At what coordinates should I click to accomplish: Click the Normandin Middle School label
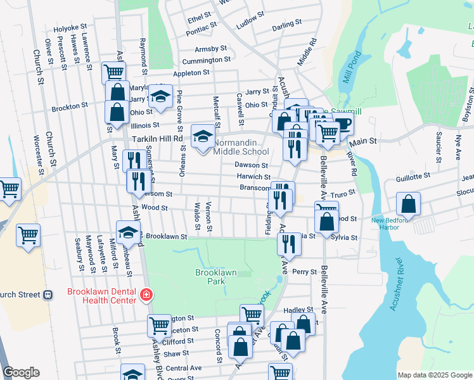(241, 148)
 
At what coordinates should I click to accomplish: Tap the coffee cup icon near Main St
(343, 124)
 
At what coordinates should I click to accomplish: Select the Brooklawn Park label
(215, 277)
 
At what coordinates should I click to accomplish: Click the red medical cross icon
(146, 294)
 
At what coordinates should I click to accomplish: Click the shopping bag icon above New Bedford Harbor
(409, 204)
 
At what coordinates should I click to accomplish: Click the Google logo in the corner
(21, 372)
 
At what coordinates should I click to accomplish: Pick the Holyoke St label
(70, 28)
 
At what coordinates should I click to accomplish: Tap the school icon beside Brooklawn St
(128, 232)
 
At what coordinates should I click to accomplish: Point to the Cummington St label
(206, 60)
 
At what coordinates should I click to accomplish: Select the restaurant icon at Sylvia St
(289, 243)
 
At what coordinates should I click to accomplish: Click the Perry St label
(304, 271)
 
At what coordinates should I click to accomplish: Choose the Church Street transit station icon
(47, 294)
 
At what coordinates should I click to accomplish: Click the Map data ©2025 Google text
(434, 375)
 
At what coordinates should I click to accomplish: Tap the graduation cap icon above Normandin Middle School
(202, 136)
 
